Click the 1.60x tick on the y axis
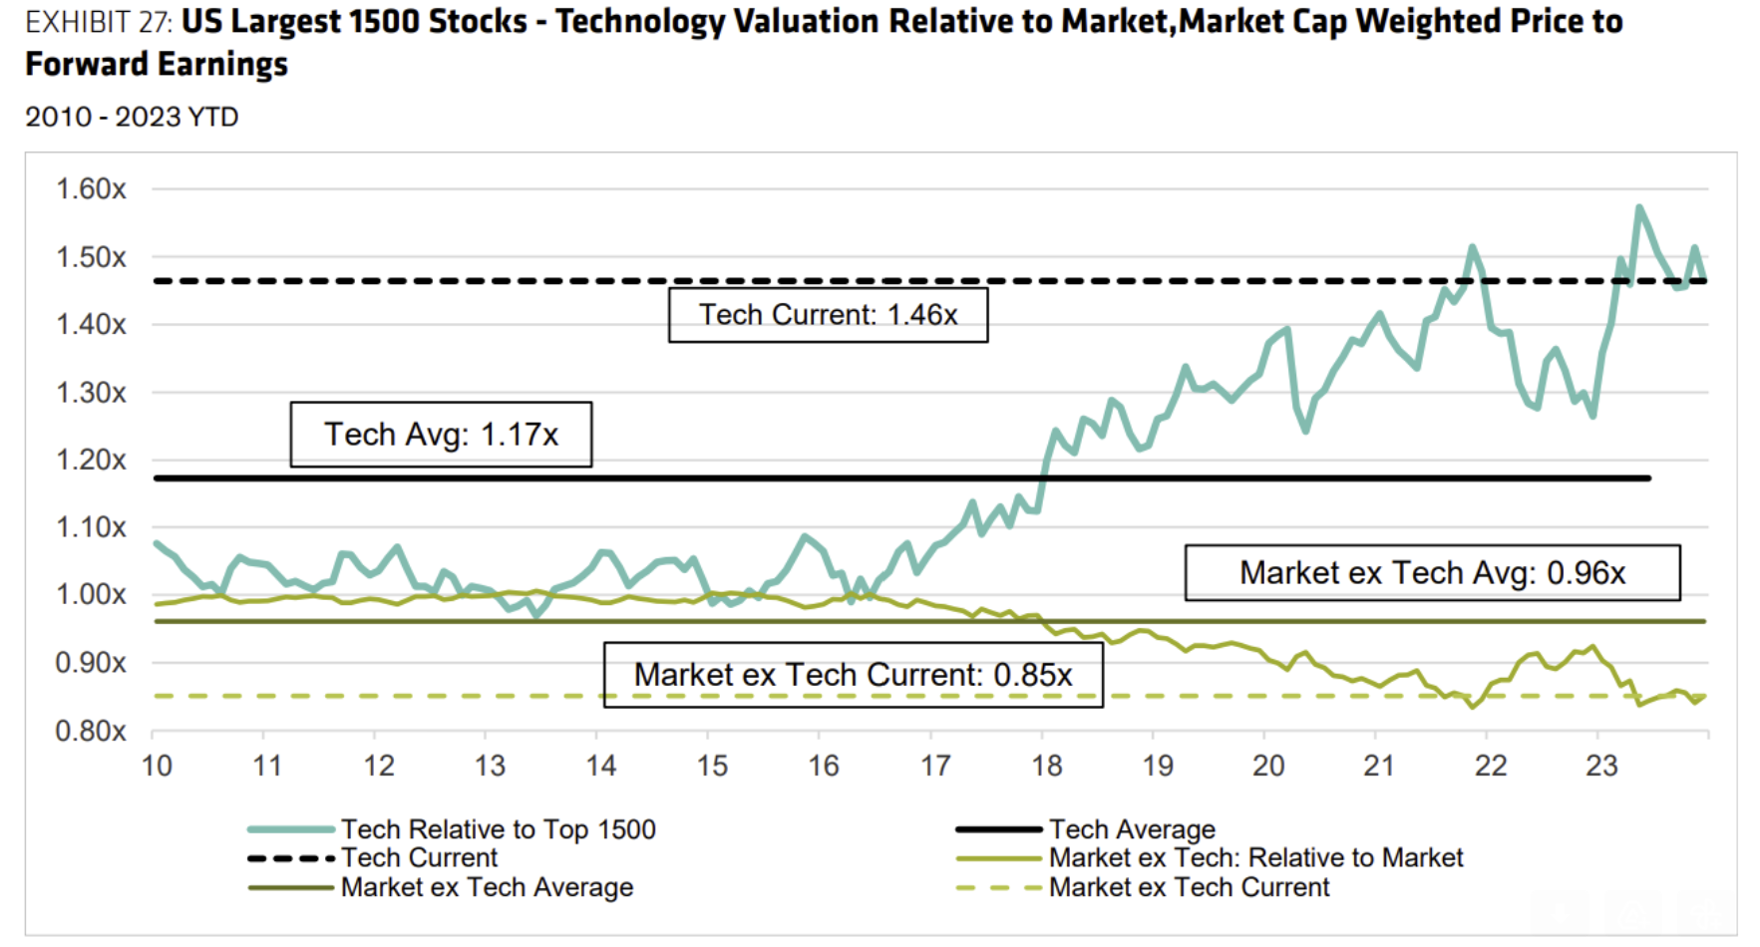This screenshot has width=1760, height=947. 91,188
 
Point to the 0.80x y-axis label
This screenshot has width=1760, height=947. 91,731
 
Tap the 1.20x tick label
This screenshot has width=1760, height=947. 91,460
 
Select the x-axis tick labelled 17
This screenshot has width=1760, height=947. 935,766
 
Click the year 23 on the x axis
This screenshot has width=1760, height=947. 1601,766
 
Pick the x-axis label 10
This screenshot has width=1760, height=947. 157,766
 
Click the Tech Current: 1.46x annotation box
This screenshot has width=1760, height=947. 828,315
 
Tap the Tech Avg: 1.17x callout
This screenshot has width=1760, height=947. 441,435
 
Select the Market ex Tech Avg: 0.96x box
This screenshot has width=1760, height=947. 1432,572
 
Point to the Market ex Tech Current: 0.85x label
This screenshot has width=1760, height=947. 853,675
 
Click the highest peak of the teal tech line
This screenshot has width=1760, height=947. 1638,207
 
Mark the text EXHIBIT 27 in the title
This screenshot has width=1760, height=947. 98,22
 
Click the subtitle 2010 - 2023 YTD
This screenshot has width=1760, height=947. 132,117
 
